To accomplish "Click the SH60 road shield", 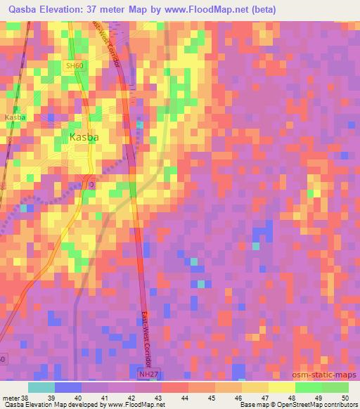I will click(x=74, y=66).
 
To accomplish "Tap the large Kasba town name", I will click(x=84, y=138).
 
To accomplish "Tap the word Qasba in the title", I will click(x=22, y=10).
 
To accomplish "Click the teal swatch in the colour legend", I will click(x=41, y=387).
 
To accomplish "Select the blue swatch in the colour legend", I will click(x=68, y=387).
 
